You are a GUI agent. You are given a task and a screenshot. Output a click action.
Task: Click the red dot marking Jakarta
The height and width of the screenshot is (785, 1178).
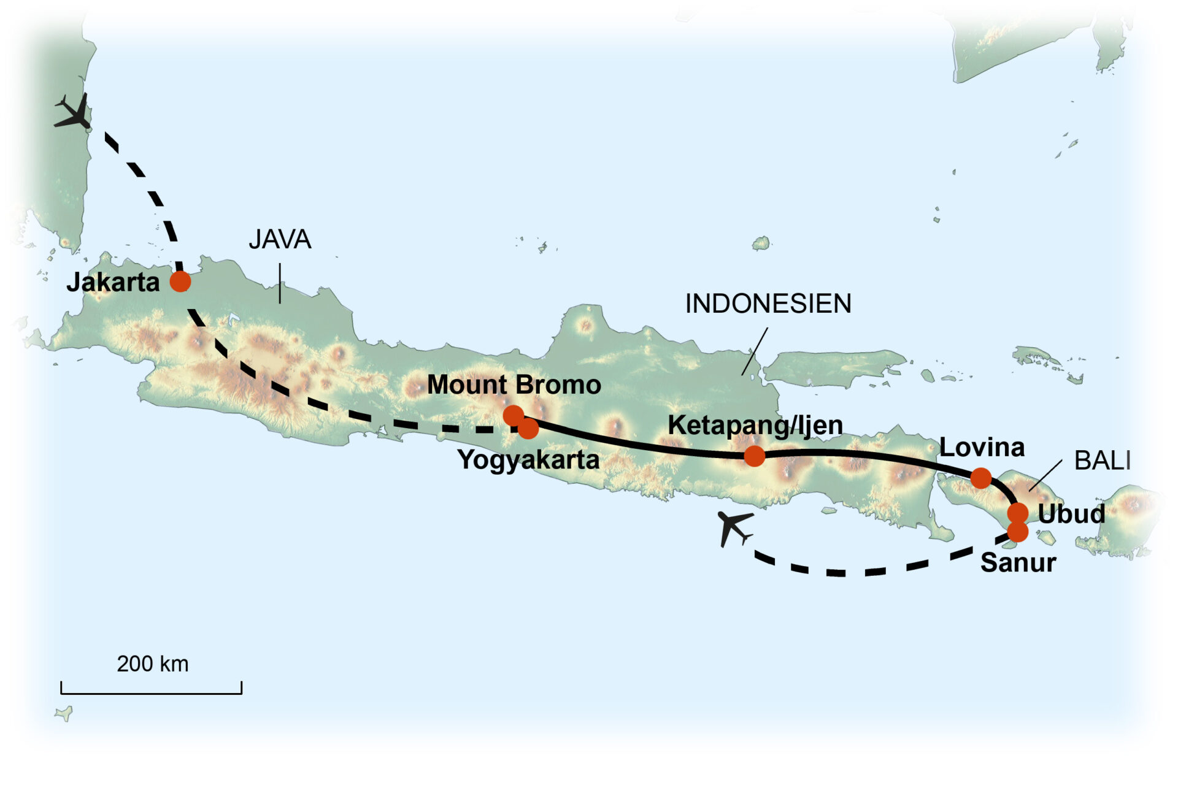pos(180,281)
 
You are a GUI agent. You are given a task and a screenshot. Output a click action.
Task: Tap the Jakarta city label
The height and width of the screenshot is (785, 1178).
pos(113,282)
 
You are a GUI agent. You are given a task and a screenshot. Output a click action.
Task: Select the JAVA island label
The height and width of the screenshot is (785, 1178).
pos(280,239)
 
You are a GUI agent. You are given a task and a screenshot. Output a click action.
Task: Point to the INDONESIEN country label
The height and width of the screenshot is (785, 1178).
pos(768,304)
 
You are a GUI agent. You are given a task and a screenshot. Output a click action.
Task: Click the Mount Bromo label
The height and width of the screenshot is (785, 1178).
pos(514,385)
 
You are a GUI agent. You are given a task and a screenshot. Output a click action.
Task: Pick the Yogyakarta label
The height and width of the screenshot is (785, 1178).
pos(528,460)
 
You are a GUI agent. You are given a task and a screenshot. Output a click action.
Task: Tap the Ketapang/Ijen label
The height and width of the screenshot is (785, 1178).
pos(755,425)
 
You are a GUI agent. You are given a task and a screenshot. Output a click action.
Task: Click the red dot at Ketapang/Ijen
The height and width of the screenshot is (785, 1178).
pos(754,456)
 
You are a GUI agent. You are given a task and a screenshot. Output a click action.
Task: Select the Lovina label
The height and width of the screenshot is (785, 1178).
pos(982,448)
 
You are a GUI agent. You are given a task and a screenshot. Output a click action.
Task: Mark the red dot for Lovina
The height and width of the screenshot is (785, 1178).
pos(980,478)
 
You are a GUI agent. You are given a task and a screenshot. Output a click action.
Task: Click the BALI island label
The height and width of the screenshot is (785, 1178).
pos(1102,461)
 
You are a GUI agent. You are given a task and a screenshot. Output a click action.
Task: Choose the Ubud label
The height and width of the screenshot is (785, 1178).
pos(1071,514)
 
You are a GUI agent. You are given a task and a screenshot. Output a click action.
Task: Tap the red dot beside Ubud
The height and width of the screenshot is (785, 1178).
pos(1018,512)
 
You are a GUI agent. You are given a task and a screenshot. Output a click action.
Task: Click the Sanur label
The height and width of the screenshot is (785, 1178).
pos(1018,562)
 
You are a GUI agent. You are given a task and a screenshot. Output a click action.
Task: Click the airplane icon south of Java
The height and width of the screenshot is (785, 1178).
pos(733,527)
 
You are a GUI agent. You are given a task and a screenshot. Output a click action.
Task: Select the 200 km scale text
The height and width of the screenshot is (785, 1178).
pos(152,664)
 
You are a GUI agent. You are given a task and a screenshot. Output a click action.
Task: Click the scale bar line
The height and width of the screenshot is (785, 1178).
pos(151,693)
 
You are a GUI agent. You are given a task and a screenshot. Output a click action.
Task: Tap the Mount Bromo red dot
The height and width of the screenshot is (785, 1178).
pos(513,415)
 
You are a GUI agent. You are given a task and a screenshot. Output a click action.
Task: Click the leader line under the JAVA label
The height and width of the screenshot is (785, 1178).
pos(280,283)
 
